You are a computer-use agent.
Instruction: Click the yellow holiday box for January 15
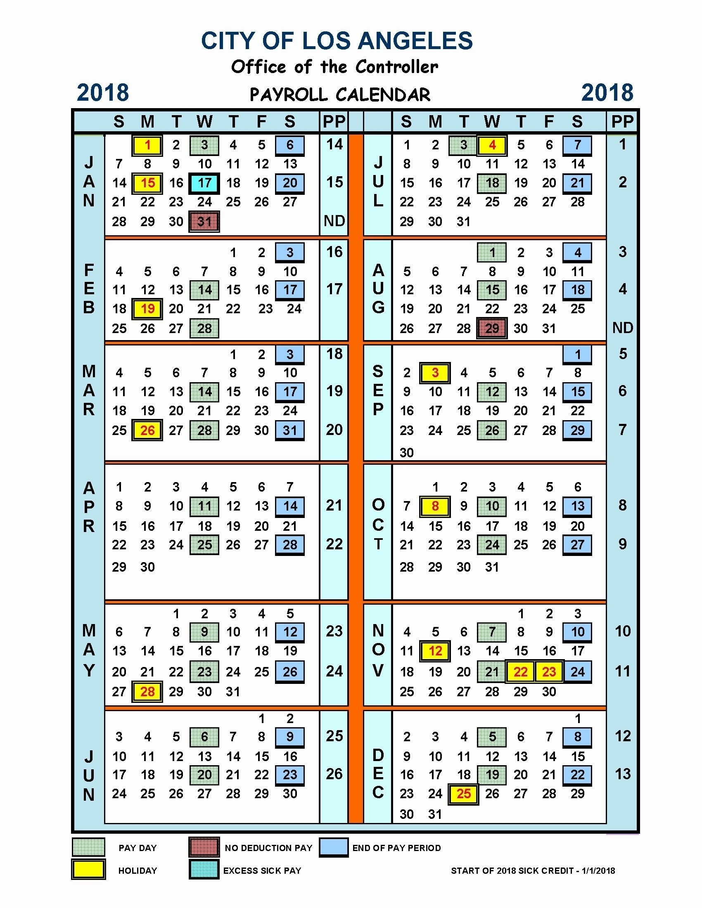tap(148, 183)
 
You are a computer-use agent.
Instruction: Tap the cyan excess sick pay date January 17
tap(204, 183)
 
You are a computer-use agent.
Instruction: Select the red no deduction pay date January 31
tap(204, 222)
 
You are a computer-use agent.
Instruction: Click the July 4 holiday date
tap(492, 145)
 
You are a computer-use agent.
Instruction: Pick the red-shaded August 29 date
tap(492, 329)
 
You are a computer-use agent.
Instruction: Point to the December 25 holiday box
tap(464, 794)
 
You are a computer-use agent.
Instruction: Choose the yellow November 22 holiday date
tap(520, 672)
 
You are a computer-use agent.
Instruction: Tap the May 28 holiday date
tap(148, 691)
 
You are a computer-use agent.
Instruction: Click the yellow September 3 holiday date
tap(435, 373)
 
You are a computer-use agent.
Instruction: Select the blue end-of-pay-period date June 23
tap(290, 775)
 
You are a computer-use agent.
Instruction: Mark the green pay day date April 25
tap(204, 545)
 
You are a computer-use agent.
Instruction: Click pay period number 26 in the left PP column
tap(334, 774)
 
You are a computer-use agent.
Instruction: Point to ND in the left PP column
tap(334, 221)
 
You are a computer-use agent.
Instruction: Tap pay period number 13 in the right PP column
tap(623, 774)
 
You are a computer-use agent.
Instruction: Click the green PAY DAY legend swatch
tap(88, 848)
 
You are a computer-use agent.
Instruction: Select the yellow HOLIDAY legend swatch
tap(88, 870)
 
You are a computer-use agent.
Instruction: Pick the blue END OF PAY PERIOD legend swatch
tap(334, 848)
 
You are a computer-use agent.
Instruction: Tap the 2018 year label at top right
tap(607, 93)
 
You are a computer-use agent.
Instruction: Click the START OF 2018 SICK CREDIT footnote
tap(533, 870)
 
